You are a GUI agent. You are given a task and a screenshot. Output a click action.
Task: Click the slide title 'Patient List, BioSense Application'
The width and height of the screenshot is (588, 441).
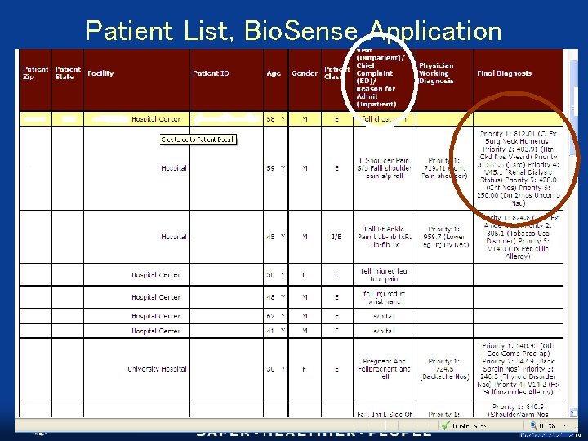(x=293, y=31)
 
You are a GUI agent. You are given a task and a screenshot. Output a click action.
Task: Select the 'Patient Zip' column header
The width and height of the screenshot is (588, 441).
(x=35, y=73)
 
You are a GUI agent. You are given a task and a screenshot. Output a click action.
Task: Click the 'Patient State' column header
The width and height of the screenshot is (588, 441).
(x=68, y=73)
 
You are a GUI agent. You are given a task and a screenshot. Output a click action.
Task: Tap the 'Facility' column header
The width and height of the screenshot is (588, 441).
(x=101, y=73)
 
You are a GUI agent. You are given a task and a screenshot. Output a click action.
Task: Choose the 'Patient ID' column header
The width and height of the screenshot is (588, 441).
(x=211, y=73)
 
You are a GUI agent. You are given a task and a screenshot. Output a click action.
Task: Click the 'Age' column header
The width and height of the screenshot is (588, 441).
(x=274, y=73)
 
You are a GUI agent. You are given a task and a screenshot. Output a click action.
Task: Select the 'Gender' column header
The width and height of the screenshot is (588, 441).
(x=305, y=73)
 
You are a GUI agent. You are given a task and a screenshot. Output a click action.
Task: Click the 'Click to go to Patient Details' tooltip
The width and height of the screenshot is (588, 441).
(x=198, y=140)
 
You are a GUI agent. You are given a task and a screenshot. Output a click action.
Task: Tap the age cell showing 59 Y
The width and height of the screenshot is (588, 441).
(x=275, y=168)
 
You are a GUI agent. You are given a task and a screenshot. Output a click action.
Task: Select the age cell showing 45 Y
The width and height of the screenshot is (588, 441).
(x=275, y=237)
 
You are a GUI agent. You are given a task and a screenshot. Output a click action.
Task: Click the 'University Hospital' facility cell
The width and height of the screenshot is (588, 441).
(x=157, y=369)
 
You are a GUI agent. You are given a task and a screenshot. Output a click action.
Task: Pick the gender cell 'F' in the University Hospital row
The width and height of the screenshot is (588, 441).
(x=305, y=369)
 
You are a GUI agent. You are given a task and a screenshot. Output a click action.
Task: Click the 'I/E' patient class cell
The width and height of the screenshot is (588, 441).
(x=336, y=237)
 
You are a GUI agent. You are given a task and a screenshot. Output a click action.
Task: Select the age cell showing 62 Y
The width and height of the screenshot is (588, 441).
(x=275, y=316)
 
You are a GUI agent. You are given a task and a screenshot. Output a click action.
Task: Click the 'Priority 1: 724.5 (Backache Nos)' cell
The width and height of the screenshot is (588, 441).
(x=443, y=369)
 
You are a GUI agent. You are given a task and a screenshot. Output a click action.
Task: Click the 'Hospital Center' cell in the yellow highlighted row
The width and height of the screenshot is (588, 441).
(x=156, y=119)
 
